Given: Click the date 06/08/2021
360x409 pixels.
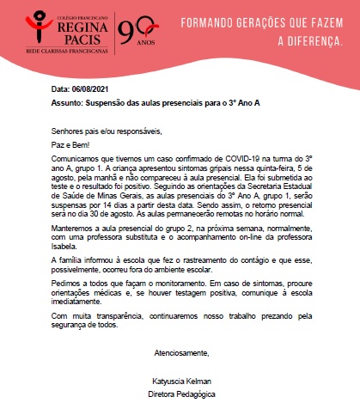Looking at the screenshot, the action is pyautogui.click(x=90, y=89).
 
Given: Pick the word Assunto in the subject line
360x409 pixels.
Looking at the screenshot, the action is pyautogui.click(x=68, y=101).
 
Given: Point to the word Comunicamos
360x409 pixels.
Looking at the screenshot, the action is pyautogui.click(x=76, y=159).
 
